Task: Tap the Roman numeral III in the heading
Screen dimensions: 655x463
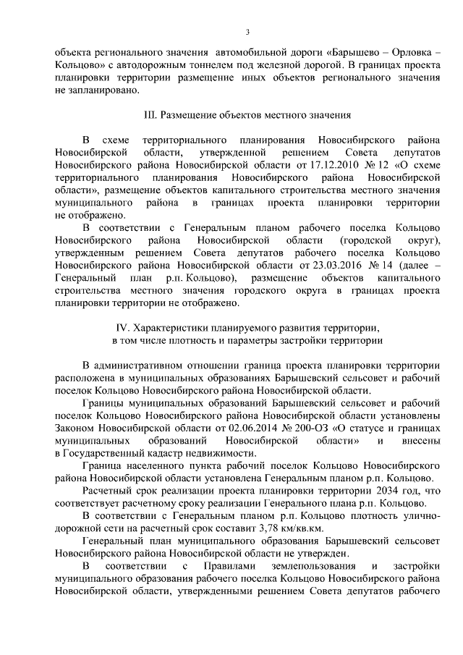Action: pos(151,114)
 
